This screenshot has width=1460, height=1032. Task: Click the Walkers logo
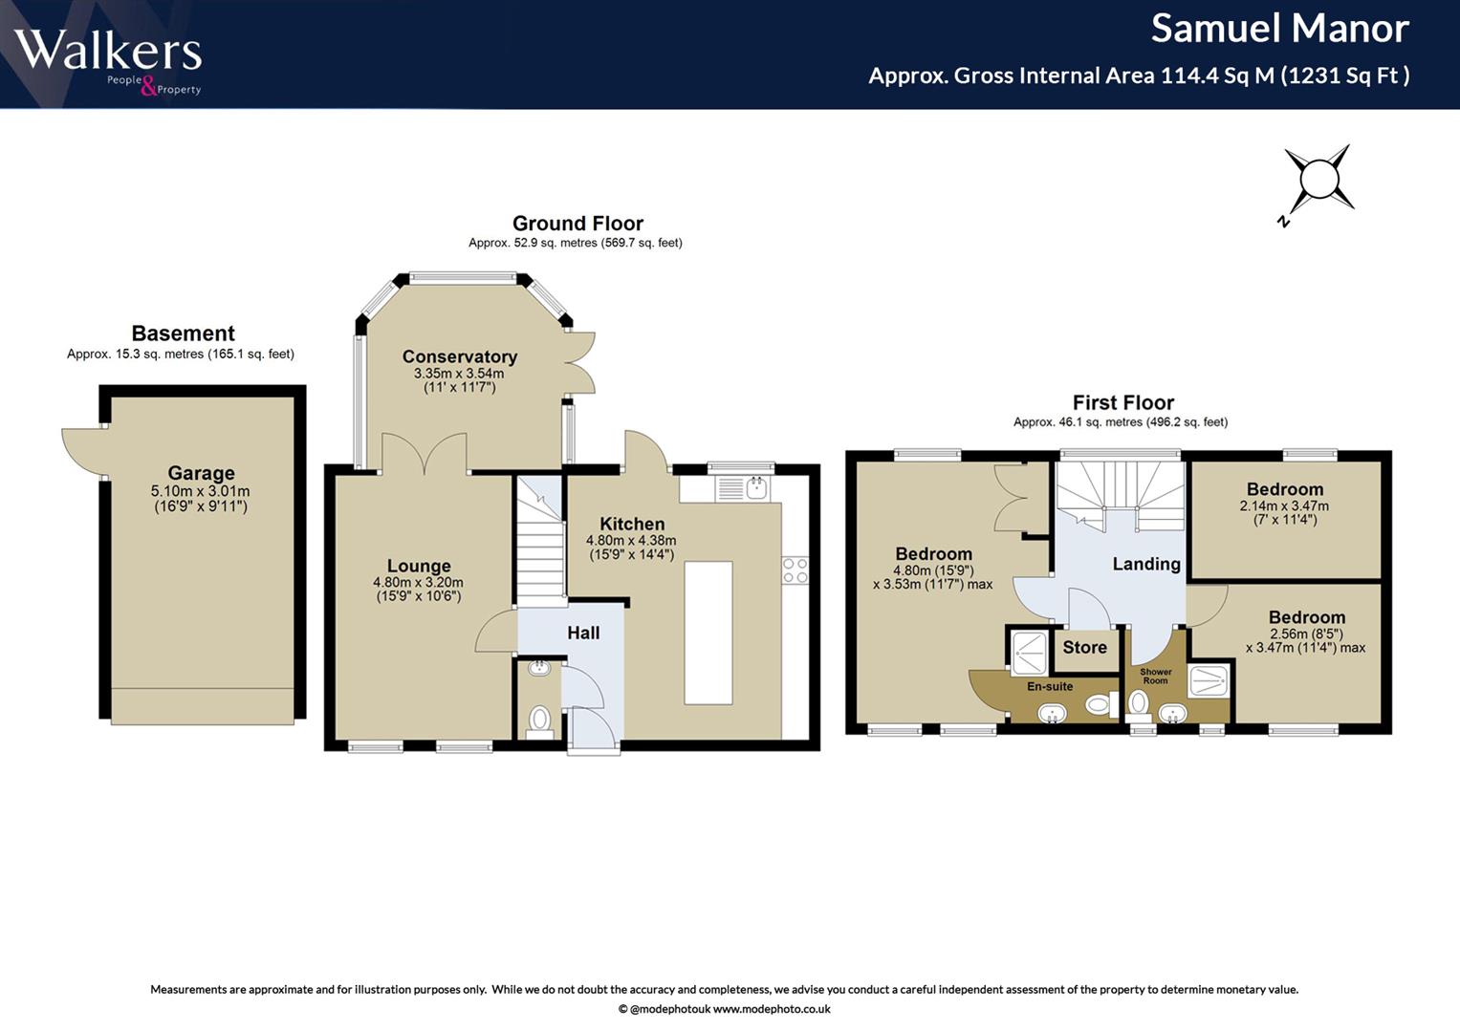pyautogui.click(x=108, y=59)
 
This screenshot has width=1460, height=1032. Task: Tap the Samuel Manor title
pyautogui.click(x=1279, y=29)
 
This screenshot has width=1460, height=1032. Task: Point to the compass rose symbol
pyautogui.click(x=1318, y=181)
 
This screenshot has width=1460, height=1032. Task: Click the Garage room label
pyautogui.click(x=201, y=473)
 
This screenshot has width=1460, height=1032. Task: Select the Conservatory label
pyautogui.click(x=460, y=356)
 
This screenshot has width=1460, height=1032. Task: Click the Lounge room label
pyautogui.click(x=419, y=566)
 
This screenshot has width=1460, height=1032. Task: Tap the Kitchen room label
pyautogui.click(x=632, y=524)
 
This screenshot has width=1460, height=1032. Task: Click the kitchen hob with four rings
pyautogui.click(x=795, y=570)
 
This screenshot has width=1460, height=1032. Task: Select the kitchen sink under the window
pyautogui.click(x=743, y=488)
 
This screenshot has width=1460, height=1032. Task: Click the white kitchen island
pyautogui.click(x=708, y=633)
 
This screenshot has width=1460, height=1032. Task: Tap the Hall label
pyautogui.click(x=582, y=633)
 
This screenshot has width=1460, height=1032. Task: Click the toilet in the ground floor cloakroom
pyautogui.click(x=539, y=721)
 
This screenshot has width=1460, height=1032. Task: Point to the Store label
pyautogui.click(x=1084, y=648)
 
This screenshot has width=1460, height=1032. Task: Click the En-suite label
pyautogui.click(x=1050, y=687)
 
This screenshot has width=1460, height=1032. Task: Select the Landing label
pyautogui.click(x=1145, y=564)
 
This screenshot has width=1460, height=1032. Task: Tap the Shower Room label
pyautogui.click(x=1156, y=677)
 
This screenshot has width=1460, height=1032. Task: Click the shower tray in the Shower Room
pyautogui.click(x=1209, y=681)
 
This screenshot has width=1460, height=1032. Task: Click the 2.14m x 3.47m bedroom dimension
pyautogui.click(x=1284, y=505)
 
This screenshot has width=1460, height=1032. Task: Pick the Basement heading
pyautogui.click(x=184, y=333)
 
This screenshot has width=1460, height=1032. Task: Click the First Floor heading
pyautogui.click(x=1123, y=402)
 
